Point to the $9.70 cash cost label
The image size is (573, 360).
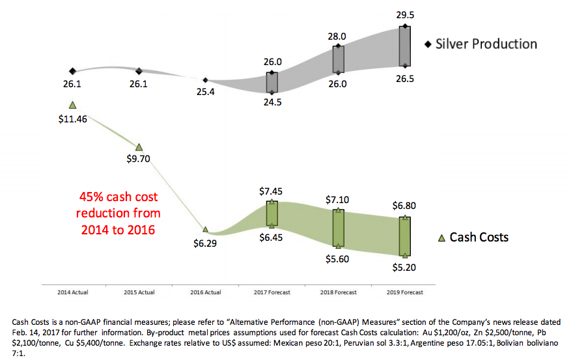139,158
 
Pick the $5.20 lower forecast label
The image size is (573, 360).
404,267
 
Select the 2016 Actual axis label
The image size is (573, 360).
205,292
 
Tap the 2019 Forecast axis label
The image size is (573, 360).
404,292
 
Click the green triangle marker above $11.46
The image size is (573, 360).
72,104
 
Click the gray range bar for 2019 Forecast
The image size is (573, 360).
404,46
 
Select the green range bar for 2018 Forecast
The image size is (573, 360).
338,227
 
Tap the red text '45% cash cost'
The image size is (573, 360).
119,197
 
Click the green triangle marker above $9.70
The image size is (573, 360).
139,147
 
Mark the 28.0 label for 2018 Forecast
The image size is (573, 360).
337,36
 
